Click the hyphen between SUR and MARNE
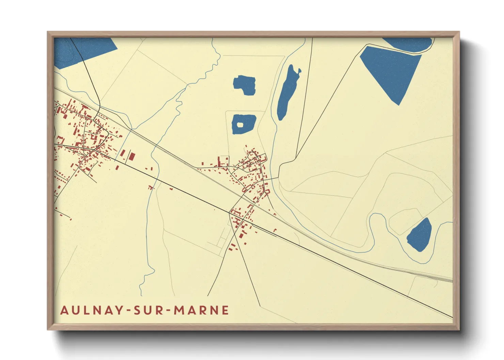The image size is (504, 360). tap(169, 310)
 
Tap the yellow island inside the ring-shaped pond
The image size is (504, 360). tap(240, 125)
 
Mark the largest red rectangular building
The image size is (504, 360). tap(131, 157)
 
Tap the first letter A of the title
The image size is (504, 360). tap(64, 310)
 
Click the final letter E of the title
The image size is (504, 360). tap(224, 310)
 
